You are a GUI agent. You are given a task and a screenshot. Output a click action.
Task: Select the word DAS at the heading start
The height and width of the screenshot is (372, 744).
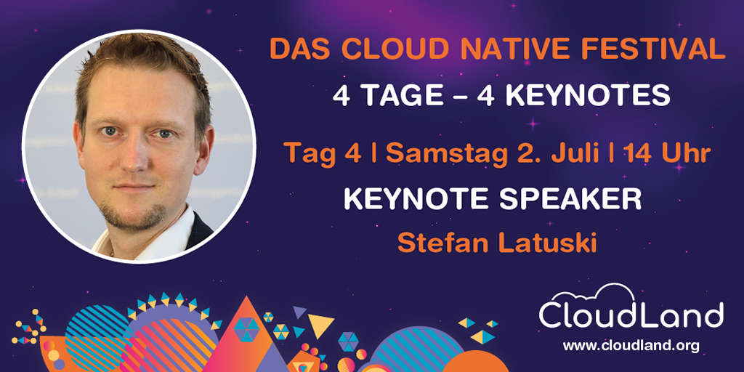[296, 50]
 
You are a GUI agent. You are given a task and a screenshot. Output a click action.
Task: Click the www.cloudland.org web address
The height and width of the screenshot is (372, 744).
[631, 346]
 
